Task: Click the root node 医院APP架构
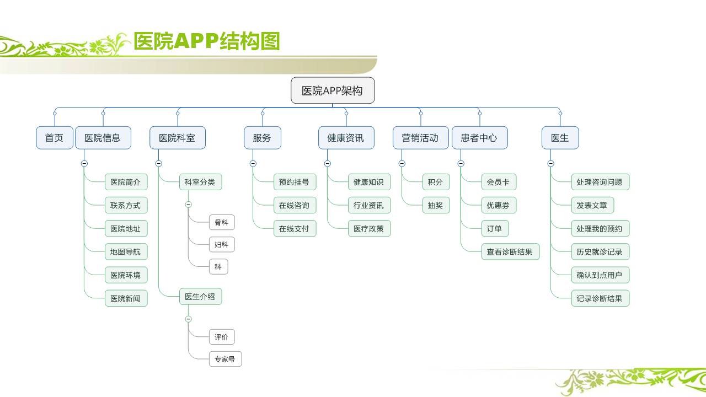(333, 91)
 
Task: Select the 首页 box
(54, 138)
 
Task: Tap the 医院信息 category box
(103, 138)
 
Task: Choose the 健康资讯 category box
(346, 138)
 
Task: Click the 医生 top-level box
(560, 138)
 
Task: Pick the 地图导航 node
(126, 252)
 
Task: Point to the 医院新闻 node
(126, 298)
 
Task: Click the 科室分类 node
(200, 182)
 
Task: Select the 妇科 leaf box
(222, 244)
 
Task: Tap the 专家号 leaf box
(225, 359)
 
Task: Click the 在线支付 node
(295, 229)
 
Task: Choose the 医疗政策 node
(369, 229)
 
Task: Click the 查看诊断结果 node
(510, 252)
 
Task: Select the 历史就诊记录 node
(600, 252)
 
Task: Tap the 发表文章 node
(592, 206)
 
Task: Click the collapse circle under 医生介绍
(189, 319)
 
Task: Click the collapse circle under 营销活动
(402, 163)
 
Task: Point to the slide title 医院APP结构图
(207, 41)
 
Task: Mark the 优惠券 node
(498, 206)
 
